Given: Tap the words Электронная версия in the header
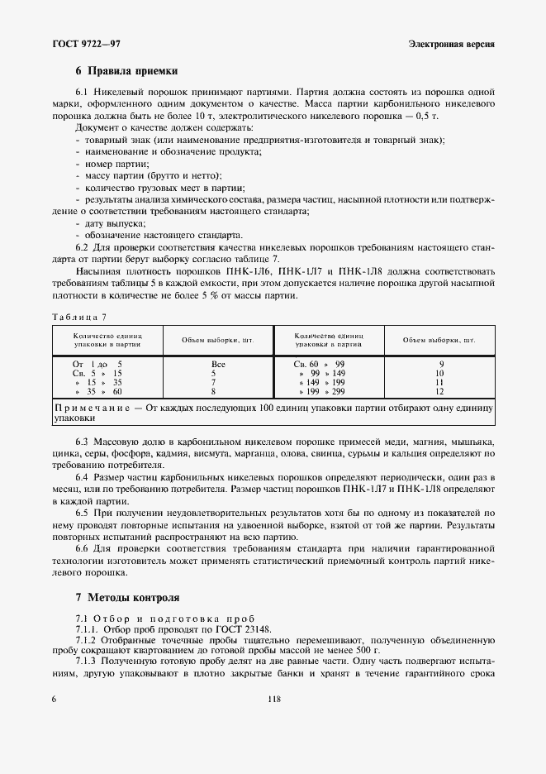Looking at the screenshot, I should click(451, 43).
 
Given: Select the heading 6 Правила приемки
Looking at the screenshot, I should click(126, 72).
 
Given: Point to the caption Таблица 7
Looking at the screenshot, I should click(79, 317).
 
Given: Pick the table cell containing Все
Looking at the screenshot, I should click(218, 364).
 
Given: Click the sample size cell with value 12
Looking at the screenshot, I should click(440, 392).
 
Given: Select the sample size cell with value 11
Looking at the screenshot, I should click(440, 383).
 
